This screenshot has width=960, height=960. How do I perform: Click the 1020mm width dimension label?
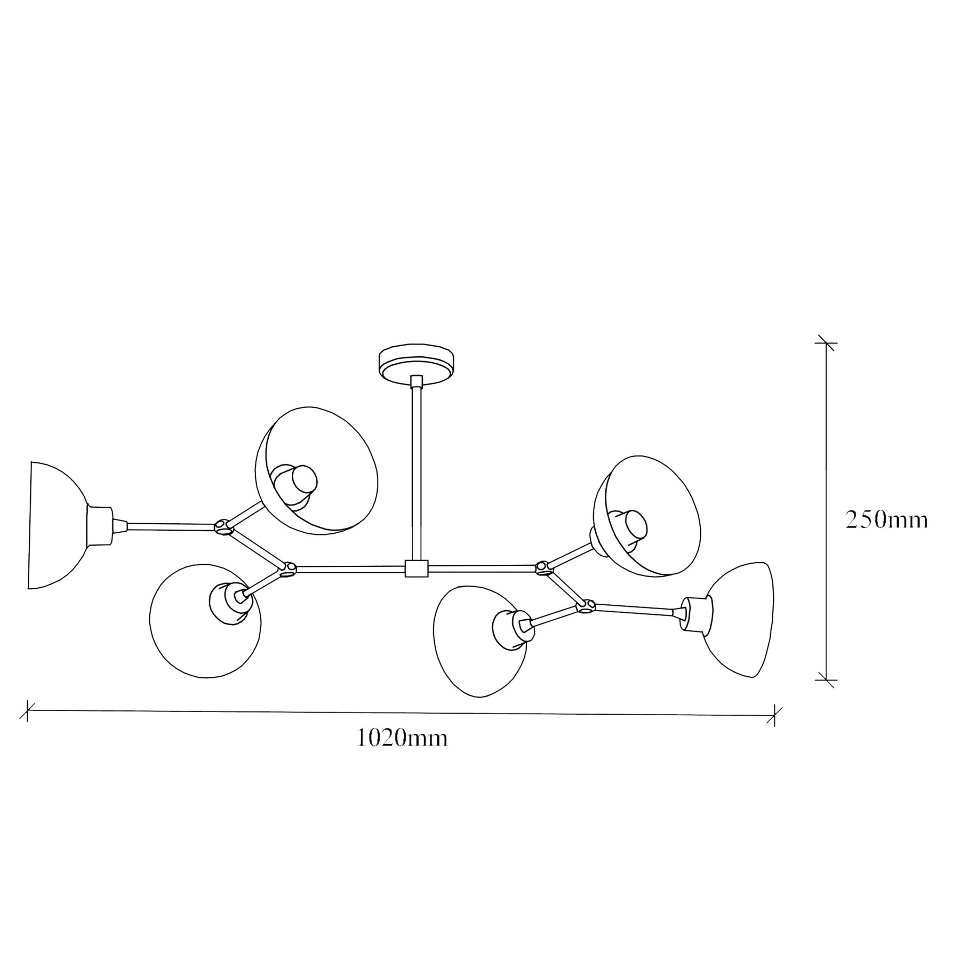pos(402,738)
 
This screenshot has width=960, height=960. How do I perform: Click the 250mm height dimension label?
pos(887,520)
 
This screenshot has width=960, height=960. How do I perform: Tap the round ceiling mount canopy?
pos(417,363)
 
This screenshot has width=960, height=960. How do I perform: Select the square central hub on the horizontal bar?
pos(417,569)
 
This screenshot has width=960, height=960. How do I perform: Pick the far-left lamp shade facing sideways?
pos(56,525)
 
